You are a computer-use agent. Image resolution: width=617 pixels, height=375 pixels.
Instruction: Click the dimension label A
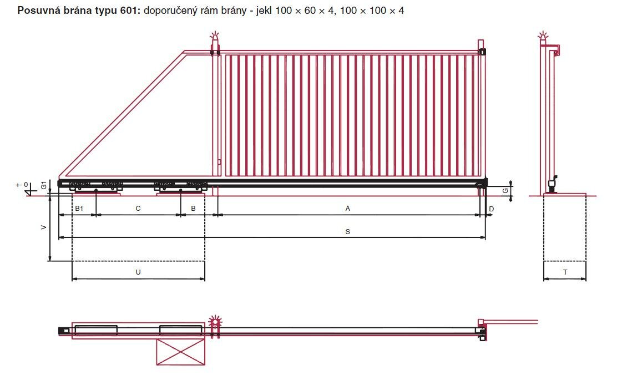pos(347,209)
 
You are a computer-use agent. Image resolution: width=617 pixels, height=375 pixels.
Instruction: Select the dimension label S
pos(347,232)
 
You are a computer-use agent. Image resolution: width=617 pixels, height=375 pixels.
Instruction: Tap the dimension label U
pos(138,272)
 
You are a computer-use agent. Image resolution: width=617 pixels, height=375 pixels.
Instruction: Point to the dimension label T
pos(565,272)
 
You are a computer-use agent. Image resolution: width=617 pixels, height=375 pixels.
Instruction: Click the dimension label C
pos(138,209)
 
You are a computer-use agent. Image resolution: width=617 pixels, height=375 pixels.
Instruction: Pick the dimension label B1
pos(79,209)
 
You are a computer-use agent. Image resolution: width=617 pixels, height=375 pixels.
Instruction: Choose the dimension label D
pos(491,209)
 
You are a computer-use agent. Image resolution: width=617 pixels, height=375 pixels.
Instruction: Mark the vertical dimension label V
pos(44,227)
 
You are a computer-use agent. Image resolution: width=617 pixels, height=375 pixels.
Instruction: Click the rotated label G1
pos(44,185)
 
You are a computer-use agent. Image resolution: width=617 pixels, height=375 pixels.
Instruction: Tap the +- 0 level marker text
pos(22,185)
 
